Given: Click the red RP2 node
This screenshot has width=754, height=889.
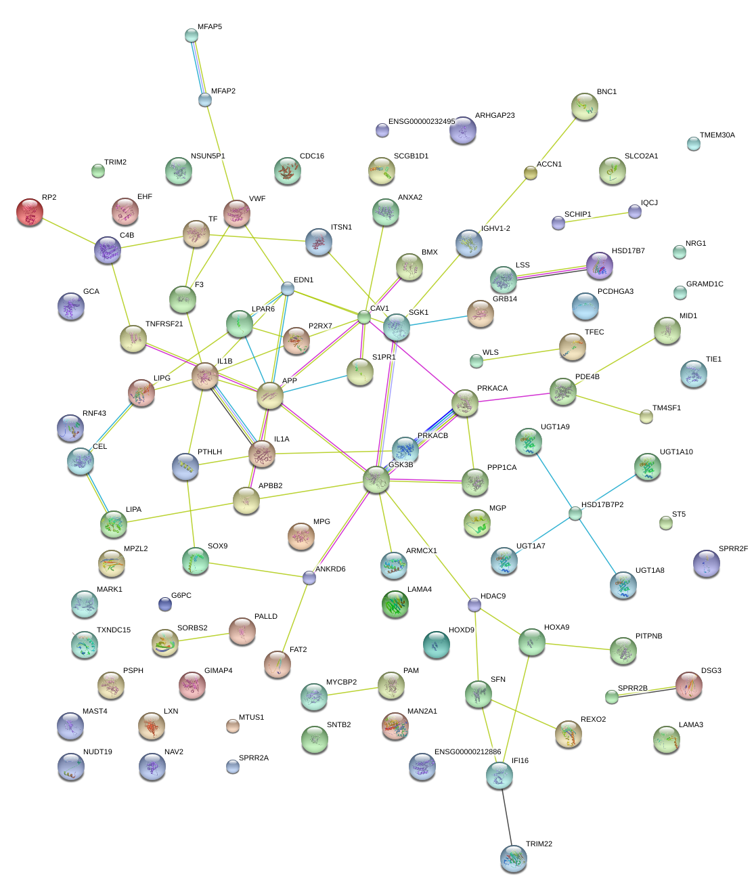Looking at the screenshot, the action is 29,211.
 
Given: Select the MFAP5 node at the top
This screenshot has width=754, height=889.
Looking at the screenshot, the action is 192,35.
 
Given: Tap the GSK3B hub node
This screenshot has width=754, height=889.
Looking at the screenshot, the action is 376,479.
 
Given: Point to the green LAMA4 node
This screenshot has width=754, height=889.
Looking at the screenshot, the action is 395,604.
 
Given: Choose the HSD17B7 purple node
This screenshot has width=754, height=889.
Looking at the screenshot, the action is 599,265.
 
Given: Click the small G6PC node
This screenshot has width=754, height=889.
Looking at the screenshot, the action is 164,603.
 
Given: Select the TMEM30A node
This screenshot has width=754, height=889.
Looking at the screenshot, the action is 693,144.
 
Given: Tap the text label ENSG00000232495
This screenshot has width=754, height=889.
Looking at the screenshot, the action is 421,122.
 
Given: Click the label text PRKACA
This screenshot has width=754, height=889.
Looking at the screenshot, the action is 492,389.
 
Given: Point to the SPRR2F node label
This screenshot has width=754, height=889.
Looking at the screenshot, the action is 733,549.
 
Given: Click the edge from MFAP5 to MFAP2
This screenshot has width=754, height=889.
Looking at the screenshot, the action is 198,68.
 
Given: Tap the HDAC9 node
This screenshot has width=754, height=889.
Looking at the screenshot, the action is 474,605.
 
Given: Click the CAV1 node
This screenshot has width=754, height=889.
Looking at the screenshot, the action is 364,316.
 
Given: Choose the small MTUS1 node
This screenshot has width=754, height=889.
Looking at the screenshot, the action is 232,727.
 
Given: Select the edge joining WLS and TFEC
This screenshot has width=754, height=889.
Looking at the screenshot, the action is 518,355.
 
